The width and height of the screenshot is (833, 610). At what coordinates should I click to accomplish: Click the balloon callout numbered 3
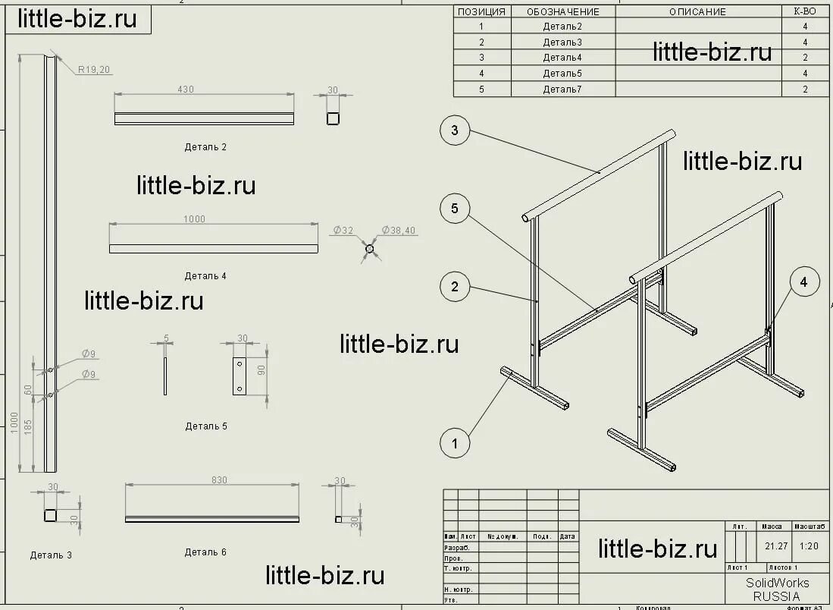tap(455, 130)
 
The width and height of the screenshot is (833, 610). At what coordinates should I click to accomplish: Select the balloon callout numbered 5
tap(455, 209)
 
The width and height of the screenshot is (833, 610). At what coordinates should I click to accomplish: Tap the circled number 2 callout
tap(455, 287)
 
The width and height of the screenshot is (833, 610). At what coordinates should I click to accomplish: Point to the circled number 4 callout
tap(804, 282)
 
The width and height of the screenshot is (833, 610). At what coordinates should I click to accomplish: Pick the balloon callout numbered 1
tap(455, 443)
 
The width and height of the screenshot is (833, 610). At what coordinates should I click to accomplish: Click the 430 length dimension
tap(186, 90)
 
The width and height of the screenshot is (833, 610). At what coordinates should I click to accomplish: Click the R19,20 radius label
tap(94, 70)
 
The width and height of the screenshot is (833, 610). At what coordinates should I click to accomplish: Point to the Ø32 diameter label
tap(343, 230)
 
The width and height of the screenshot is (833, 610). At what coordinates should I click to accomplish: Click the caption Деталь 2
tap(205, 147)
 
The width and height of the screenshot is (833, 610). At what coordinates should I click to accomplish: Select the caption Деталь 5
tap(206, 426)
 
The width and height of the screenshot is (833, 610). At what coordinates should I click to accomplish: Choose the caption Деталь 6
tap(205, 552)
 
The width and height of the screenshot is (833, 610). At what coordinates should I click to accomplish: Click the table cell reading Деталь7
tap(562, 90)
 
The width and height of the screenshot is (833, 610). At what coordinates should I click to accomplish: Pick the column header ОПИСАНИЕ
tap(697, 11)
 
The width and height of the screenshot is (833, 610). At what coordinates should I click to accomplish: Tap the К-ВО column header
tap(804, 11)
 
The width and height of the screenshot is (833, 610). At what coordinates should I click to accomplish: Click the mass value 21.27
tap(775, 546)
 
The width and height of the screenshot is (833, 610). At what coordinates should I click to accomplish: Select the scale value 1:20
tap(810, 546)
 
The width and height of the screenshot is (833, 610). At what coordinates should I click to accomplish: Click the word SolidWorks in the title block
tap(777, 583)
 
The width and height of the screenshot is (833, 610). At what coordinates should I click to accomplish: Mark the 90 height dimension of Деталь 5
tap(260, 369)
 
